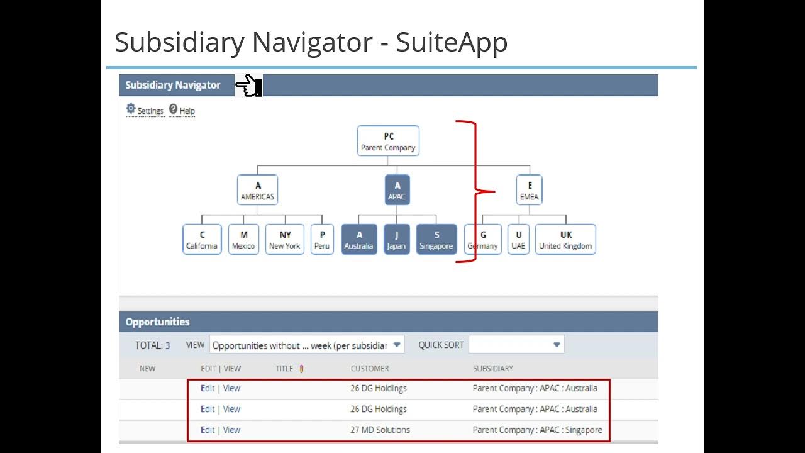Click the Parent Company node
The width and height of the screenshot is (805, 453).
[388, 142]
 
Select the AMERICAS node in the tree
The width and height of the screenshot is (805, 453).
[257, 191]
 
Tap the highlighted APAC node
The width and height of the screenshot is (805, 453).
[397, 191]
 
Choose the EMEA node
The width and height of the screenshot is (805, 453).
[529, 191]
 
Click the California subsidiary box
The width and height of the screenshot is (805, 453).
[202, 240]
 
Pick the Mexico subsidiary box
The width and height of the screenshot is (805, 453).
[243, 240]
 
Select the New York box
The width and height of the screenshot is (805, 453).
[285, 240]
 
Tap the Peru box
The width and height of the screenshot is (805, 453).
[322, 240]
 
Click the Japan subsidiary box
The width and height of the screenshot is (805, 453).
[396, 240]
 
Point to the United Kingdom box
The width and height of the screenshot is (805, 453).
[565, 240]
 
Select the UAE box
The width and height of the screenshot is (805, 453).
[518, 240]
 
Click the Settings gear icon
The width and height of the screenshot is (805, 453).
[131, 109]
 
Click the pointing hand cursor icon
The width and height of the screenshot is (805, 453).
[248, 85]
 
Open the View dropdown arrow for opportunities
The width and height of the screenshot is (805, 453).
[397, 345]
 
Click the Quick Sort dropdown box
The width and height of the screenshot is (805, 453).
[516, 345]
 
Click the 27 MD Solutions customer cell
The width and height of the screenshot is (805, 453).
[380, 430]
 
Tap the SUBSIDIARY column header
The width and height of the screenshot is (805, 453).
[492, 369]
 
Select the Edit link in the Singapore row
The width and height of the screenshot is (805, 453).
[208, 430]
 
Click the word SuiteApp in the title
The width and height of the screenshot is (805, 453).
[452, 42]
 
